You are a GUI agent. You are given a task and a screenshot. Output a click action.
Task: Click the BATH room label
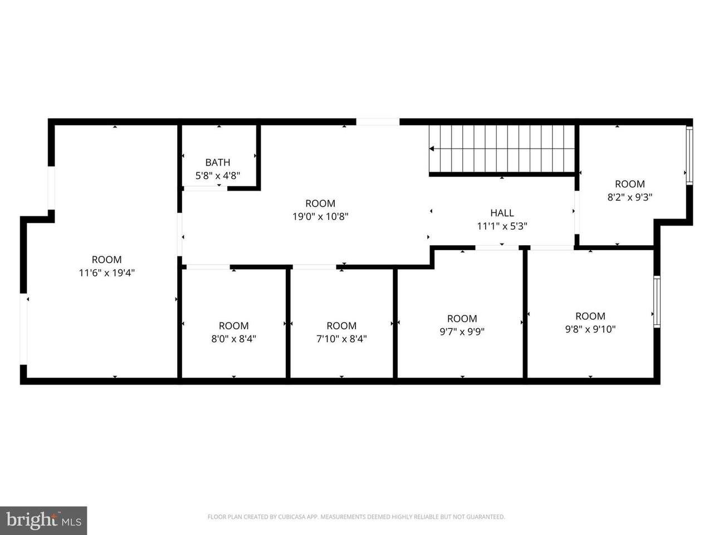pyautogui.click(x=217, y=162)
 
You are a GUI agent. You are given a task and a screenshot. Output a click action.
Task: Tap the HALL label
pyautogui.click(x=502, y=213)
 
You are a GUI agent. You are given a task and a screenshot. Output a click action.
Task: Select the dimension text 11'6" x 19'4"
pyautogui.click(x=106, y=273)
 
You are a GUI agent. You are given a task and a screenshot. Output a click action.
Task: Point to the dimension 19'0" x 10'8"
pyautogui.click(x=320, y=216)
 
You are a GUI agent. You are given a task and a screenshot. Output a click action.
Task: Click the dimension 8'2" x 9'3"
pyautogui.click(x=630, y=197)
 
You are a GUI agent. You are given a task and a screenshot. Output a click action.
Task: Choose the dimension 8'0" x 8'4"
pyautogui.click(x=233, y=339)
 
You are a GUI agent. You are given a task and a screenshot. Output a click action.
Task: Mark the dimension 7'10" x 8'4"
pyautogui.click(x=341, y=339)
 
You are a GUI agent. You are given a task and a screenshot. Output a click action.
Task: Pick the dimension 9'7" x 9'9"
pyautogui.click(x=462, y=332)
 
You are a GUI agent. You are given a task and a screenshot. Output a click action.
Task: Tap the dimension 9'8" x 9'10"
pyautogui.click(x=590, y=329)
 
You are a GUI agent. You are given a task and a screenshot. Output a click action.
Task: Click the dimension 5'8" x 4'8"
pyautogui.click(x=218, y=176)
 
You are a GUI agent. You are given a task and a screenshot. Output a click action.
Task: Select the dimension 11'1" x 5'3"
pyautogui.click(x=502, y=226)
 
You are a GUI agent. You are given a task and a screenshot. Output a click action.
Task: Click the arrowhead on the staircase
pyautogui.click(x=432, y=149)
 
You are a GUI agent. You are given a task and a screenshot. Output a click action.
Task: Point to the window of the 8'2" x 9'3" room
pyautogui.click(x=689, y=155)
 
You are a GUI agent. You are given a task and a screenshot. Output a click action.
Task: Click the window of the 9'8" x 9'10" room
pyautogui.click(x=657, y=301)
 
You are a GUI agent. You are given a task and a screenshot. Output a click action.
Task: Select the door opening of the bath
pyautogui.click(x=206, y=188)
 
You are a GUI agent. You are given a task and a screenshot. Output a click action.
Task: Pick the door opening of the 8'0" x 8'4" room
pyautogui.click(x=208, y=267)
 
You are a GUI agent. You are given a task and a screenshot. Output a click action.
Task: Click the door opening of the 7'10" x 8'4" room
pyautogui.click(x=314, y=267)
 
